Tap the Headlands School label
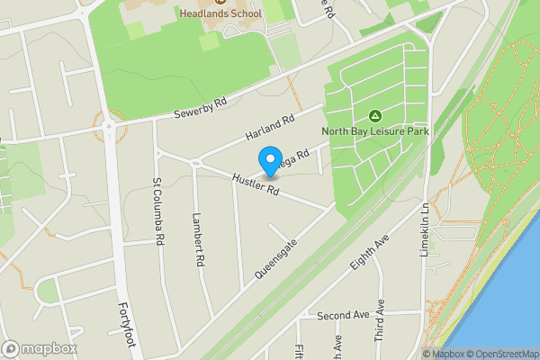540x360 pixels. click(x=220, y=14)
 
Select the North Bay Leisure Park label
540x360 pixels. click(x=375, y=131)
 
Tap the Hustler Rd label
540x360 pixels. click(x=257, y=184)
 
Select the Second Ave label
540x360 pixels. click(x=343, y=316)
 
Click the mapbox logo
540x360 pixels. click(x=40, y=348)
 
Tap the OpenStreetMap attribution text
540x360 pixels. click(x=499, y=354)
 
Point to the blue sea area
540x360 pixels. click(x=513, y=297)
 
